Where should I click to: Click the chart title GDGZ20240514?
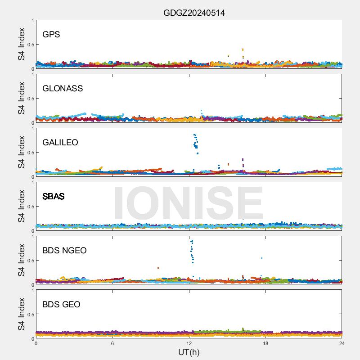click(194, 13)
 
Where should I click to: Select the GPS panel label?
click(51, 35)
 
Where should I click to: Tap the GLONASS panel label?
click(63, 89)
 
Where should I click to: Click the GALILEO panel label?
click(60, 143)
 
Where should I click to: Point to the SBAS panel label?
click(54, 197)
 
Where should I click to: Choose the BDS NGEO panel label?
click(64, 251)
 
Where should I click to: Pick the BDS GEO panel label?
click(61, 305)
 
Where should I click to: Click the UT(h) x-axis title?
click(189, 352)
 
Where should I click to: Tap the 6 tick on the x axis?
click(112, 343)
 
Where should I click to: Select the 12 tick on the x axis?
click(189, 343)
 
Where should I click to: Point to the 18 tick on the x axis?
click(265, 343)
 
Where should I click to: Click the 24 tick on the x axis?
click(342, 343)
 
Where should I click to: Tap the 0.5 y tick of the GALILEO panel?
click(30, 153)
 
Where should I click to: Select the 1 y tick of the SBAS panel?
click(32, 182)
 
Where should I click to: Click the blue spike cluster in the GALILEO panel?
click(196, 142)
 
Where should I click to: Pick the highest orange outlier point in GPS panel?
click(243, 49)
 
